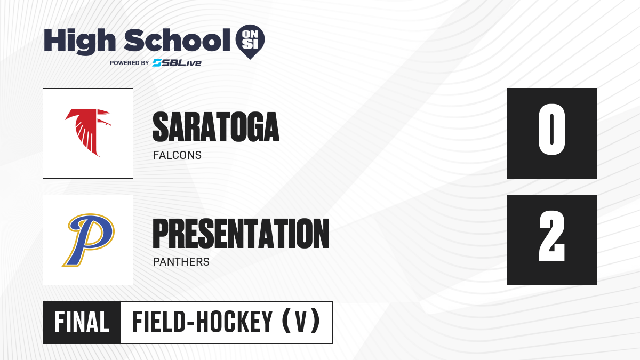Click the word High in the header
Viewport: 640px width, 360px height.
[x=79, y=42]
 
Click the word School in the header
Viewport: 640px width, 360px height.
[x=177, y=40]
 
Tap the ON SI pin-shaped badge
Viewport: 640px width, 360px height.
[x=250, y=42]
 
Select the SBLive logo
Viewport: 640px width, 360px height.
[x=177, y=63]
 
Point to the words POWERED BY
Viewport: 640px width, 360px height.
[x=130, y=63]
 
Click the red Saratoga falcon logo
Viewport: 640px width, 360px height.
[x=87, y=133]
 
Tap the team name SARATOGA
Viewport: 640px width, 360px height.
[x=216, y=127]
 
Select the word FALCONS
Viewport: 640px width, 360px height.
[x=177, y=155]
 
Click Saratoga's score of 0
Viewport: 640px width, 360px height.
[x=551, y=129]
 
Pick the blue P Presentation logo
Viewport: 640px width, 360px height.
[x=89, y=239]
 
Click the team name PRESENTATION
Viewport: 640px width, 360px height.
[x=241, y=234]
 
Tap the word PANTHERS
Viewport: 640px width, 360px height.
[x=181, y=262]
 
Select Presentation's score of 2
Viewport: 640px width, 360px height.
[x=551, y=236]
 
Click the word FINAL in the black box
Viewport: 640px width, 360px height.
[x=82, y=322]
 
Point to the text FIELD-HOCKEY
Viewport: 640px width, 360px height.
[x=203, y=322]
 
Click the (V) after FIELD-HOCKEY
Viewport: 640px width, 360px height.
[x=301, y=322]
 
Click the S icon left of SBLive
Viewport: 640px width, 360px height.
[x=157, y=63]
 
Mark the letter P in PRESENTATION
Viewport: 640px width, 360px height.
[x=161, y=234]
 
